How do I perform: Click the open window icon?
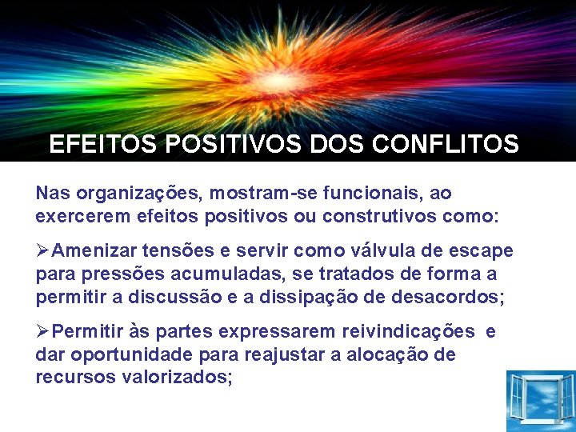541,400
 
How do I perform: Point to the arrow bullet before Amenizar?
43,250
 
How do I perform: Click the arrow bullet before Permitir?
43,331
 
